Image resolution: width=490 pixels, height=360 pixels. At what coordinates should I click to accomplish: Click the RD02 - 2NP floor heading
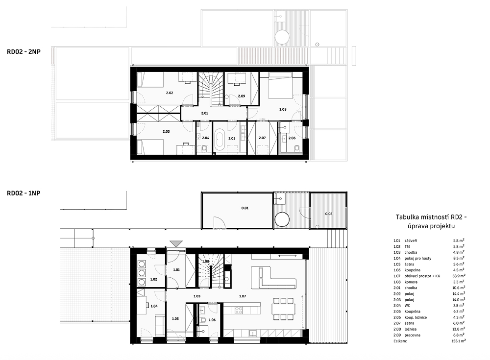point(24,52)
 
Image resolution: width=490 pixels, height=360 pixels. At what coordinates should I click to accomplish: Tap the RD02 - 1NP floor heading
point(24,193)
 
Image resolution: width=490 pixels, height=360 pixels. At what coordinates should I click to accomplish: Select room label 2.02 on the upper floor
point(170,93)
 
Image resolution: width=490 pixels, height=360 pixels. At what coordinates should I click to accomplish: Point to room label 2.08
point(283,109)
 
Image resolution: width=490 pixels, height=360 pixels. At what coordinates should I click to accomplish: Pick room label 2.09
point(241,96)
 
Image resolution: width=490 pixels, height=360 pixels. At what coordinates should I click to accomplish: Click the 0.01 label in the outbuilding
point(245,208)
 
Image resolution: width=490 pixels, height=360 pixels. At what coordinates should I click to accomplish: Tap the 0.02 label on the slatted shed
point(329,214)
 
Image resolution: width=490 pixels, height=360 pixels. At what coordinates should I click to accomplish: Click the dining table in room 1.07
point(283,309)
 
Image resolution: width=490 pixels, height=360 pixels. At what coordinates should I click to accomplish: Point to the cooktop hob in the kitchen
point(239,311)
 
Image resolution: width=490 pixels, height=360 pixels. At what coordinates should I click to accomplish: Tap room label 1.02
point(153,279)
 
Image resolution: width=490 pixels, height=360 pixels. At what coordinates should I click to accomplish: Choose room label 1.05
point(175,319)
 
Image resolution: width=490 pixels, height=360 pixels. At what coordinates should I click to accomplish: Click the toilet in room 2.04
point(204,149)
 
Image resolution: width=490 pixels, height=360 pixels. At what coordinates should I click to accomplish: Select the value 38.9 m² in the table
point(459,276)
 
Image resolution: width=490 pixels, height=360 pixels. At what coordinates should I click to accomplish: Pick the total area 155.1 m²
point(458,341)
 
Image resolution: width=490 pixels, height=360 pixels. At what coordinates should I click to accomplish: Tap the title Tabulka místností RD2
point(432,217)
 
